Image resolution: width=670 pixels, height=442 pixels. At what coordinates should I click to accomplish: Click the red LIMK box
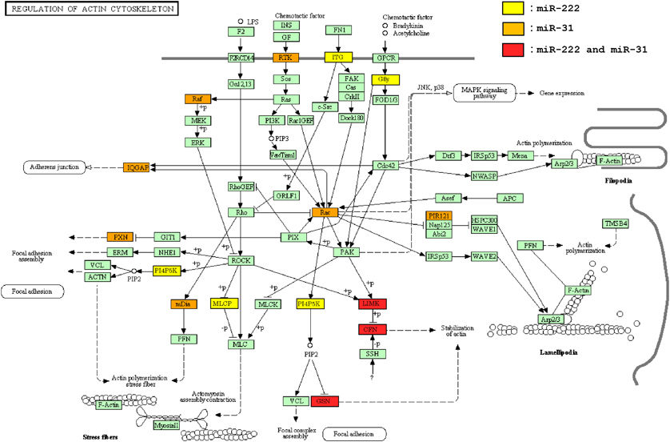pos(373,303)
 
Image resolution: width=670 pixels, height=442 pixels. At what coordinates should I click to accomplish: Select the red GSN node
pos(325,400)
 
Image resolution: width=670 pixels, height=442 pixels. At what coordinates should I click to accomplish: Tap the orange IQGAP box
pos(137,167)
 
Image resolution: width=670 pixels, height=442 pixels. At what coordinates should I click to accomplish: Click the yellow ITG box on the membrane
pos(338,58)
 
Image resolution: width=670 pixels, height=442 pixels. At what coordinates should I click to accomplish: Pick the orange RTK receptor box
pos(285,58)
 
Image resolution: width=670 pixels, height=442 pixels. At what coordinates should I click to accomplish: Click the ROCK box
pos(241,260)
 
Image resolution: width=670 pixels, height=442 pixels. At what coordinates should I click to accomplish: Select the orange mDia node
pos(184,304)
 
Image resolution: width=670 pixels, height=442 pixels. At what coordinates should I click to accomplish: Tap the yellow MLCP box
pos(224,304)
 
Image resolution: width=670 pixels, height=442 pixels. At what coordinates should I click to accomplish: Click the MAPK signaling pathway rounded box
pos(481,93)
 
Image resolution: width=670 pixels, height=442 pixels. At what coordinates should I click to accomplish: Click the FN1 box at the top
pos(338,30)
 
